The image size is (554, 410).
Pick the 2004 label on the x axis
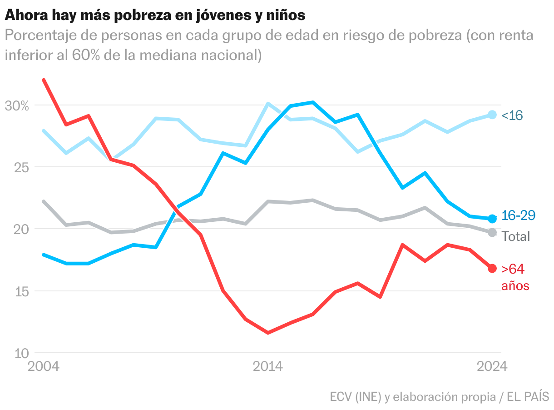[x=44, y=366]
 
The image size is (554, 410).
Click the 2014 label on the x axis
[x=268, y=366]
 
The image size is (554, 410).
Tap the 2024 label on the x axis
[x=491, y=366]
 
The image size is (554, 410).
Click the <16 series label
[x=512, y=115]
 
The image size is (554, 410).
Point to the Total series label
[x=516, y=236]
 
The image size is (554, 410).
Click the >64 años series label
[x=515, y=277]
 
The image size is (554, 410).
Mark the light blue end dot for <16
[x=492, y=115]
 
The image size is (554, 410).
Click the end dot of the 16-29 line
[x=492, y=219]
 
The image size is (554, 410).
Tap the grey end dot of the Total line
[x=492, y=232]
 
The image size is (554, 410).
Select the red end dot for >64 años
[x=492, y=268]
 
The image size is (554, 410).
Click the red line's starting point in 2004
[x=44, y=80]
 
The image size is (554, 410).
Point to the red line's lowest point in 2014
[x=268, y=333]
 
